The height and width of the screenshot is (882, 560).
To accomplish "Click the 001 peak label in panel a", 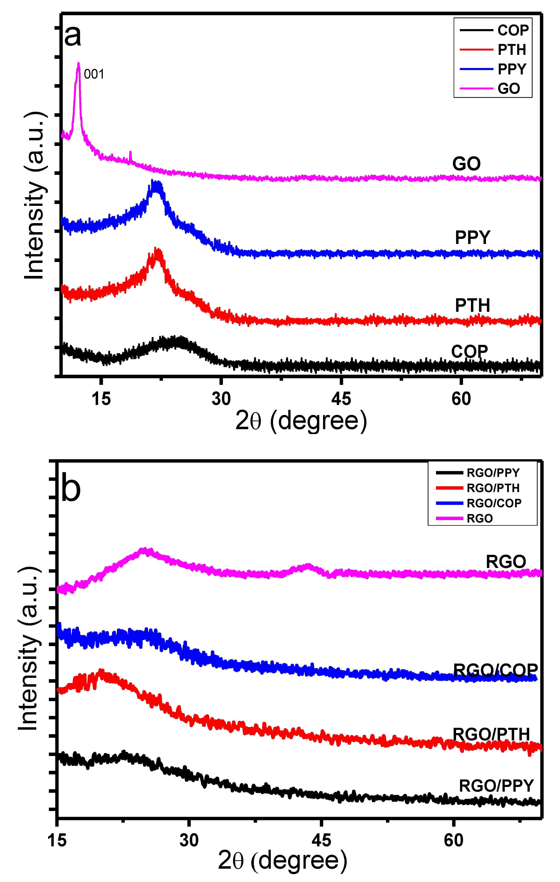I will pos(94,74).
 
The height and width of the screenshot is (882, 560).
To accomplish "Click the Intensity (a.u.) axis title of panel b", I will pos(29,648).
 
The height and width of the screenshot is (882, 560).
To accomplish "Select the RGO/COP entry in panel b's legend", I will pos(494,503).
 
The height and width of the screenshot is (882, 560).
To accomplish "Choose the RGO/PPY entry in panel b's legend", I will pos(493,473).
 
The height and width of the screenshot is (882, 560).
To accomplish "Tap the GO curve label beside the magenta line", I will pos(466,164).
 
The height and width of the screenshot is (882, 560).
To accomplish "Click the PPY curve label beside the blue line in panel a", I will pos(472,238).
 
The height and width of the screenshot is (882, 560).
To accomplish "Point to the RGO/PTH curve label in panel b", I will pos(491,734).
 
